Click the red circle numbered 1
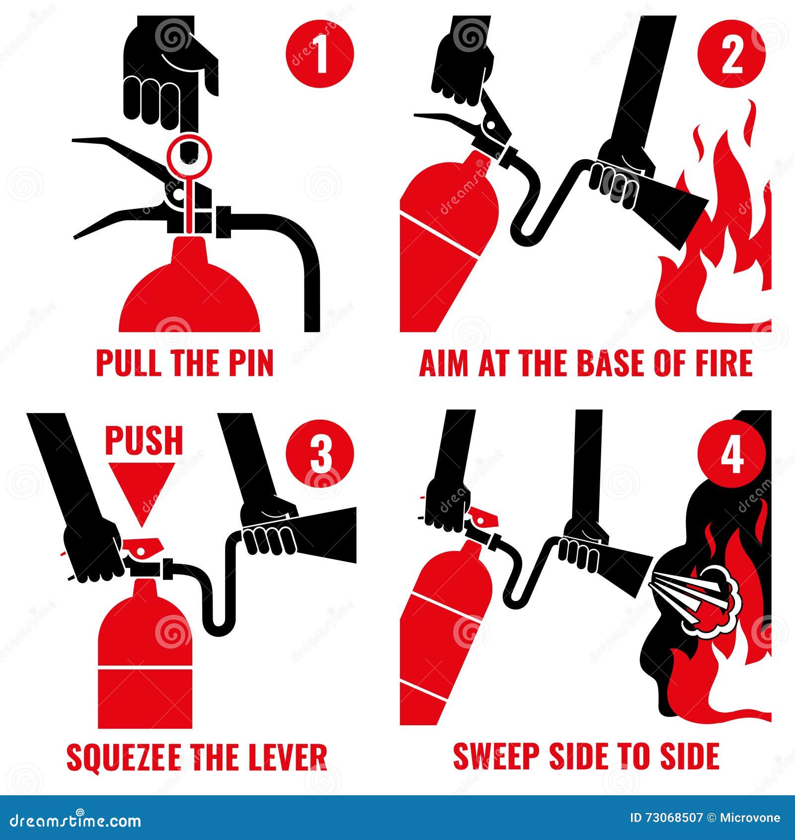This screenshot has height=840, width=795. pos(320,54)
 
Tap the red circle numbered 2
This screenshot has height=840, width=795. pos(731,54)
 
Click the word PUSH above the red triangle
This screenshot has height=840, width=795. pos(144,440)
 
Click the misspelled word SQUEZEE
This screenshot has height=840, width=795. pos(124,757)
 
